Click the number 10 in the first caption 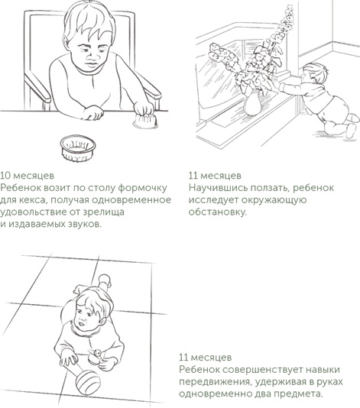(x=6, y=174)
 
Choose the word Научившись (x=216, y=187)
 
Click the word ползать (x=268, y=187)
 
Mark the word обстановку (x=217, y=212)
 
